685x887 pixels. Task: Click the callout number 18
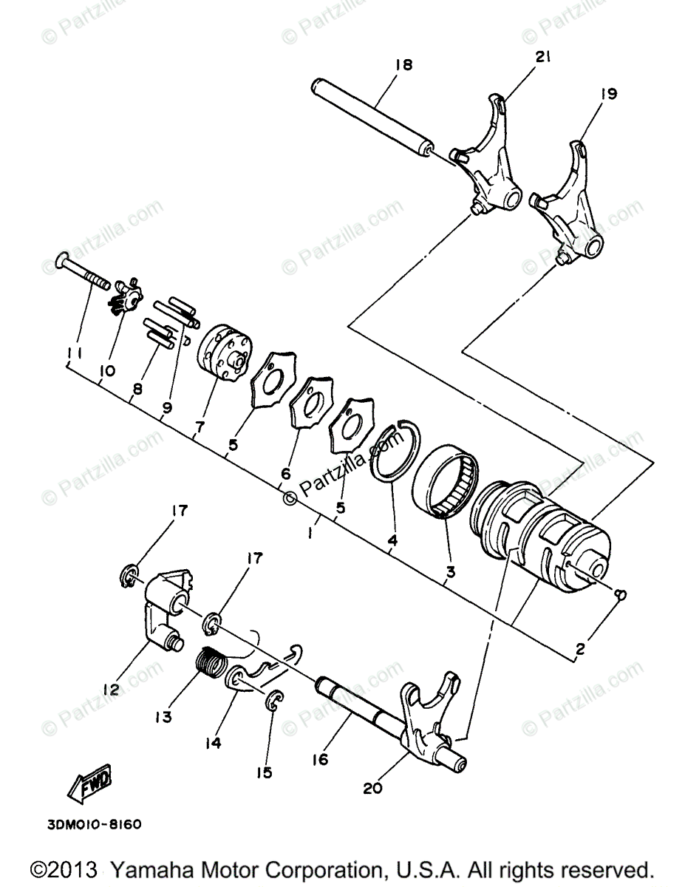tap(403, 65)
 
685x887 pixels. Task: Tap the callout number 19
tap(609, 94)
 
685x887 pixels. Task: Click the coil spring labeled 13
tap(213, 660)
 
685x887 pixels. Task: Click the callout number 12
tap(111, 690)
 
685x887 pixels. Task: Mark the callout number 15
tap(264, 772)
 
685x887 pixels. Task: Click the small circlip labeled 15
tap(274, 700)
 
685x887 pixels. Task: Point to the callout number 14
tap(213, 744)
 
